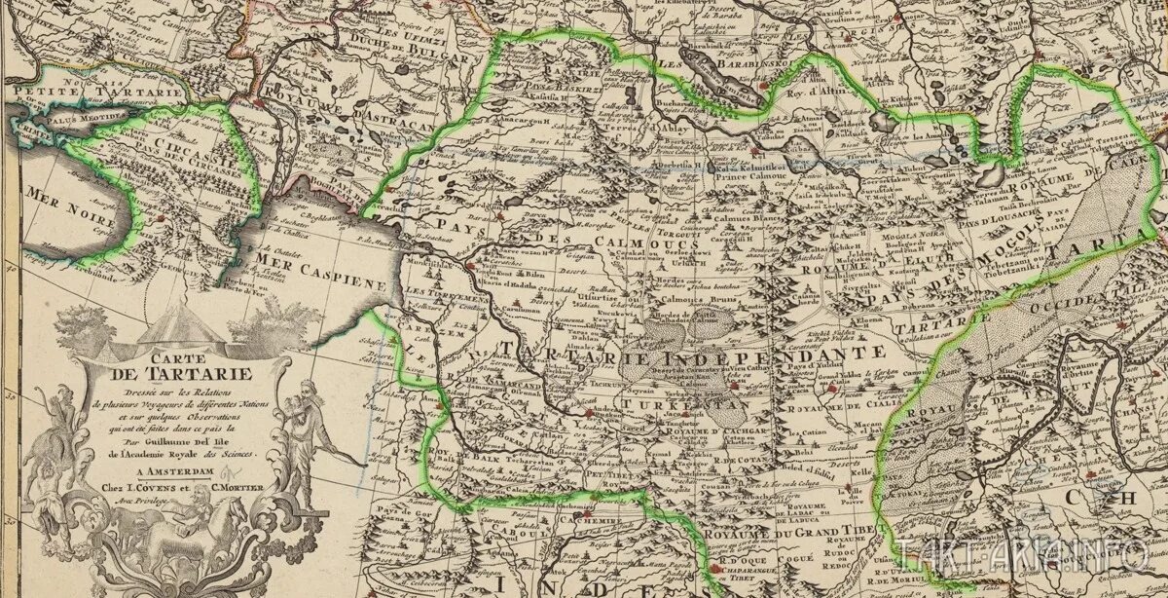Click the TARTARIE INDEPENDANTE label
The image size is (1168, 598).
[691, 352]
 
